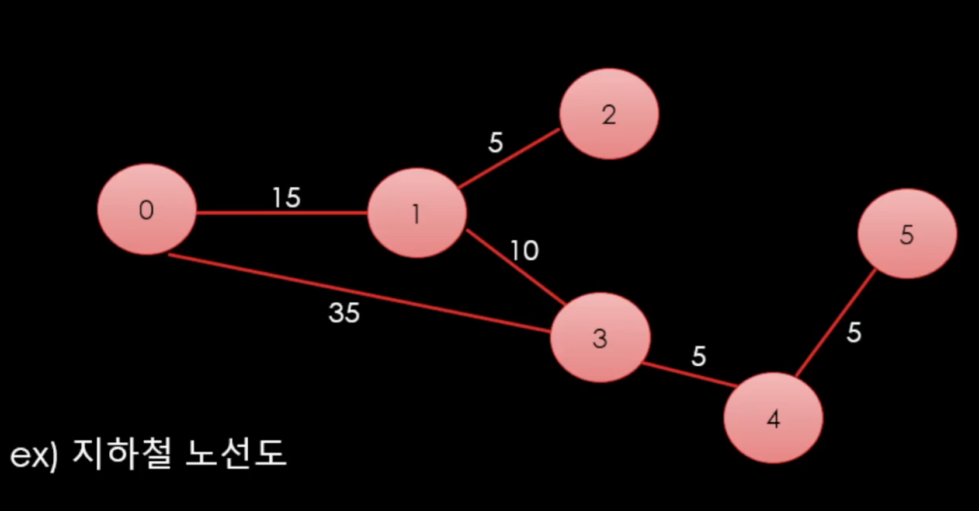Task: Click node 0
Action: (147, 209)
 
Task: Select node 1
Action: (416, 213)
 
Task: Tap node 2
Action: (609, 114)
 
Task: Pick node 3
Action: (600, 338)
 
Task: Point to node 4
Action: (773, 418)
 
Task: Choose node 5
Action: (907, 234)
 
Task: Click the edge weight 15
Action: (286, 198)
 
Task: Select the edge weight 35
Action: (344, 313)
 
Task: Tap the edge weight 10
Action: (524, 251)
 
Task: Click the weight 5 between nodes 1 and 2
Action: (495, 143)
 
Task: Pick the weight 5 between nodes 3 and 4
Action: (699, 356)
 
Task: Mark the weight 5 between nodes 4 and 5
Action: (853, 332)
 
